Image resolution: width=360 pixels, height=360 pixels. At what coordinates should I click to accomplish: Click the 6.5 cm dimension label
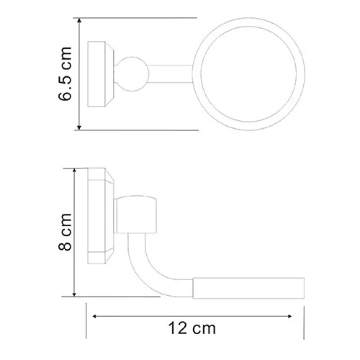pos(65,73)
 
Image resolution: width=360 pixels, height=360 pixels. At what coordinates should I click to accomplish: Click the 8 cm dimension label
pos(65,232)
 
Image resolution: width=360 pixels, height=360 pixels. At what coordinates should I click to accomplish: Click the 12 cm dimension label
pos(192,328)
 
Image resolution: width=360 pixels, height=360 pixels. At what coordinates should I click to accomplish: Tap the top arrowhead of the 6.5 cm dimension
pos(79,20)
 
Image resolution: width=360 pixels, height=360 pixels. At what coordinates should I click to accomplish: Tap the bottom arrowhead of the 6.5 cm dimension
pos(79,127)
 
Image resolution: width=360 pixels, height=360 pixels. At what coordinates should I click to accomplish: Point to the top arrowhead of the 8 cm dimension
pos(74,171)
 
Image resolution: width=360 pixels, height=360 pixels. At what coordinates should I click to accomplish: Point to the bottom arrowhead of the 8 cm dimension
pos(74,294)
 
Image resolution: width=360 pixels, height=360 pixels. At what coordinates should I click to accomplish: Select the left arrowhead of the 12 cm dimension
pos(95,316)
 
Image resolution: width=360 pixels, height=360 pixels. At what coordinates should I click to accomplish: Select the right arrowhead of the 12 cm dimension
pos(289,316)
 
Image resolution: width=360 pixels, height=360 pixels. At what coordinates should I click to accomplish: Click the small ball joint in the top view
pos(132,74)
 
